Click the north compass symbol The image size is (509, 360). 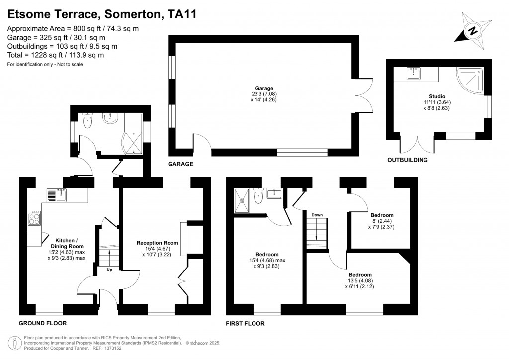(x=473, y=31)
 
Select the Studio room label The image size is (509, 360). (x=437, y=96)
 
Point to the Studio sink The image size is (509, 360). (x=414, y=74)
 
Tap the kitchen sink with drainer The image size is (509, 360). (x=57, y=195)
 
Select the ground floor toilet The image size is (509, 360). (x=88, y=121)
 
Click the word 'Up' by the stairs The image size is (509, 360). (x=109, y=270)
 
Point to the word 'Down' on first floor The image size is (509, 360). (x=317, y=215)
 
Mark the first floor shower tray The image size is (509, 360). (x=242, y=199)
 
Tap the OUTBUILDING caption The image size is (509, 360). (x=408, y=160)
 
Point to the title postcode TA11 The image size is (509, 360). (x=182, y=14)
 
